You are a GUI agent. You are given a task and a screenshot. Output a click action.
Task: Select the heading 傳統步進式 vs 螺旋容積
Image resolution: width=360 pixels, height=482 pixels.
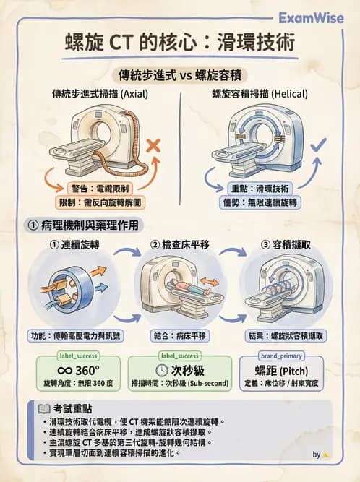[x=179, y=75]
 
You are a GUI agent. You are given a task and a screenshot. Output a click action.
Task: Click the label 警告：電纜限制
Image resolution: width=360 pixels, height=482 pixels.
[x=93, y=188]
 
